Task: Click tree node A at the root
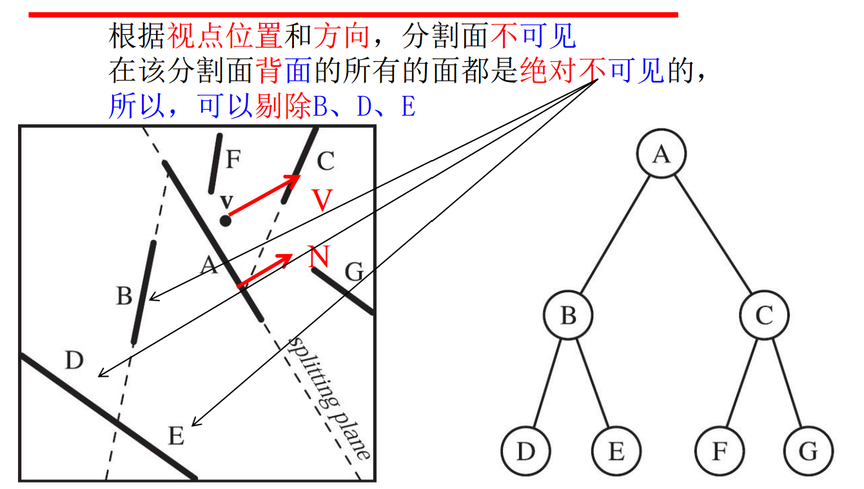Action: coord(660,155)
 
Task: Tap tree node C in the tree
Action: coord(764,315)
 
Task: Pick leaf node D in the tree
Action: coord(526,451)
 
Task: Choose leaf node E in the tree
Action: coord(616,451)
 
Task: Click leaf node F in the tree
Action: coord(720,451)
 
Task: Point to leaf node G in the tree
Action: coord(809,451)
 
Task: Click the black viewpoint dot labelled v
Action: coord(225,221)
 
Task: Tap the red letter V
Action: coord(322,200)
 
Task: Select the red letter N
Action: coord(319,257)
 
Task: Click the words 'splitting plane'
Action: coord(329,397)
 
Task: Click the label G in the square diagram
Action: coord(354,273)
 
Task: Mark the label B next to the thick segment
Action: coord(124,297)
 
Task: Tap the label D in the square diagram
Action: coord(74,361)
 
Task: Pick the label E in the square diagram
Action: coord(176,436)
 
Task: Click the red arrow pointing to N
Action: coord(264,270)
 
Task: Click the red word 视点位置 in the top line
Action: coord(225,37)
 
